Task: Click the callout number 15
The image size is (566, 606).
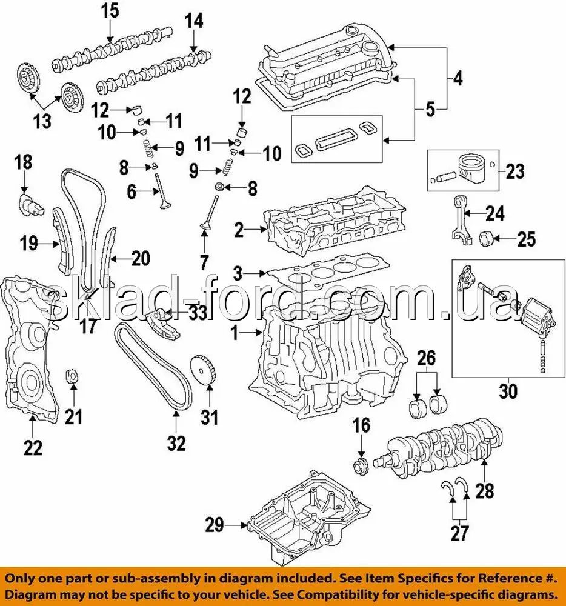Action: pos(110,11)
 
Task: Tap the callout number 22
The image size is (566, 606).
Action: pos(33,448)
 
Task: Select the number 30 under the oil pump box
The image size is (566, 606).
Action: pos(508,391)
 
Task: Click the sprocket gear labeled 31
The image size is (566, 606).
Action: pos(204,370)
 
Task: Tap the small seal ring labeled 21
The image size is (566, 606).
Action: pos(73,377)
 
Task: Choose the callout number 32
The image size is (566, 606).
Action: pos(176,444)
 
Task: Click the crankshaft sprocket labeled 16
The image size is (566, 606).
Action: pos(362,466)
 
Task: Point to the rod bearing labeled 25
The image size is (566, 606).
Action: pos(487,238)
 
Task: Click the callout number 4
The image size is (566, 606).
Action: pos(458,78)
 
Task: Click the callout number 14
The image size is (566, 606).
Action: pos(193,21)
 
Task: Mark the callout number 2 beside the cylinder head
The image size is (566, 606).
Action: pos(239,230)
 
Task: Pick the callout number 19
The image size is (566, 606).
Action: pos(29,244)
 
